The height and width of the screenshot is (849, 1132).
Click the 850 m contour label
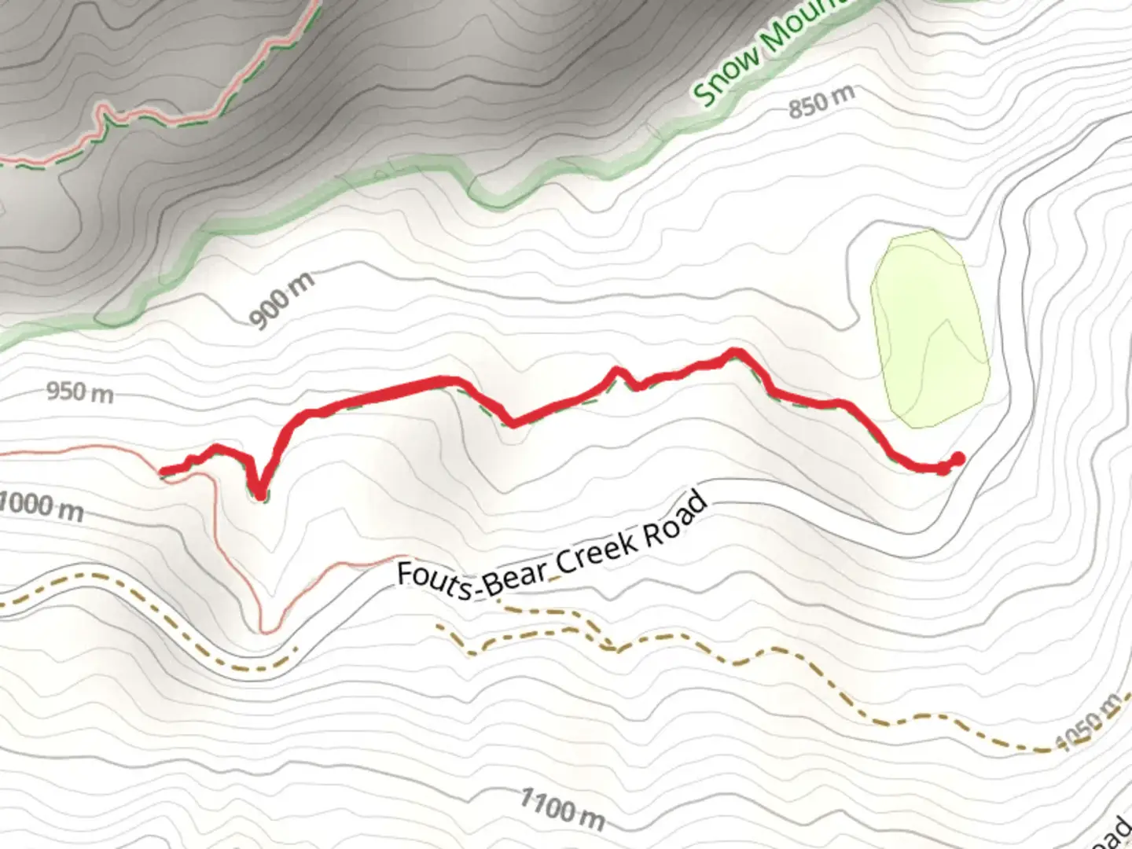(821, 101)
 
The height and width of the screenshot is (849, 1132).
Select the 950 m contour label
(79, 391)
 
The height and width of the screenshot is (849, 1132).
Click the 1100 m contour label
(562, 810)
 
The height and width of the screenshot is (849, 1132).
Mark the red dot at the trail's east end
(957, 458)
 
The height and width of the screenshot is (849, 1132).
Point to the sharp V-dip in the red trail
(259, 494)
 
